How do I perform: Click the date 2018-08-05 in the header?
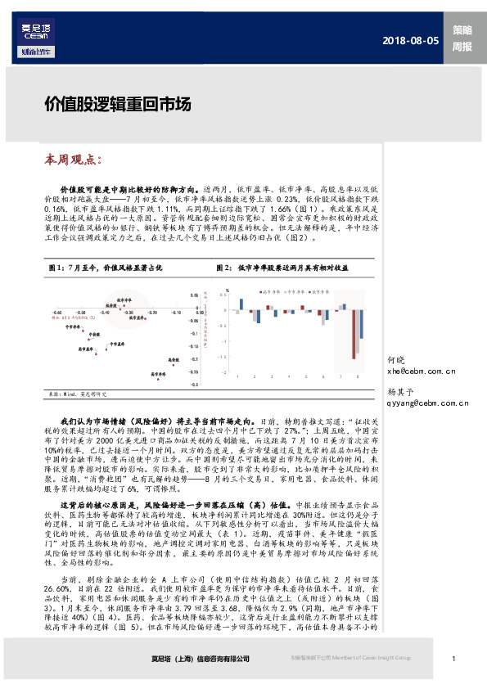[413, 41]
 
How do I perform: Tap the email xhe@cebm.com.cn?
[422, 371]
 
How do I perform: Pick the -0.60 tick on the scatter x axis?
[56, 312]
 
